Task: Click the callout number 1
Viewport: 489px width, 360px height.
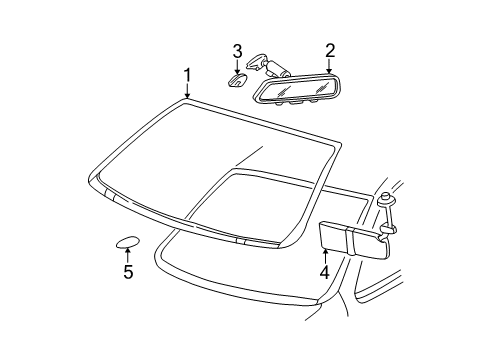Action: tap(186, 75)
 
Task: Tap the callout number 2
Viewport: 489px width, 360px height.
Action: tap(329, 49)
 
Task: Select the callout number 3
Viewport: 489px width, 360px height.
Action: tap(238, 50)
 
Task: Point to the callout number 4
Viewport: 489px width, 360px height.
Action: tap(324, 270)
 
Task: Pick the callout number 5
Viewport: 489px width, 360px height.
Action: tap(127, 271)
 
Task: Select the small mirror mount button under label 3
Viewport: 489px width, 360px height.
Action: tap(238, 80)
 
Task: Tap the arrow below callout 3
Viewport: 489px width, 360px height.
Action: tap(238, 66)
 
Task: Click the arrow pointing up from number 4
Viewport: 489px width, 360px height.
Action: tap(324, 254)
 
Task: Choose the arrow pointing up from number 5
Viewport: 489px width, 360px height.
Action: tap(127, 256)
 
